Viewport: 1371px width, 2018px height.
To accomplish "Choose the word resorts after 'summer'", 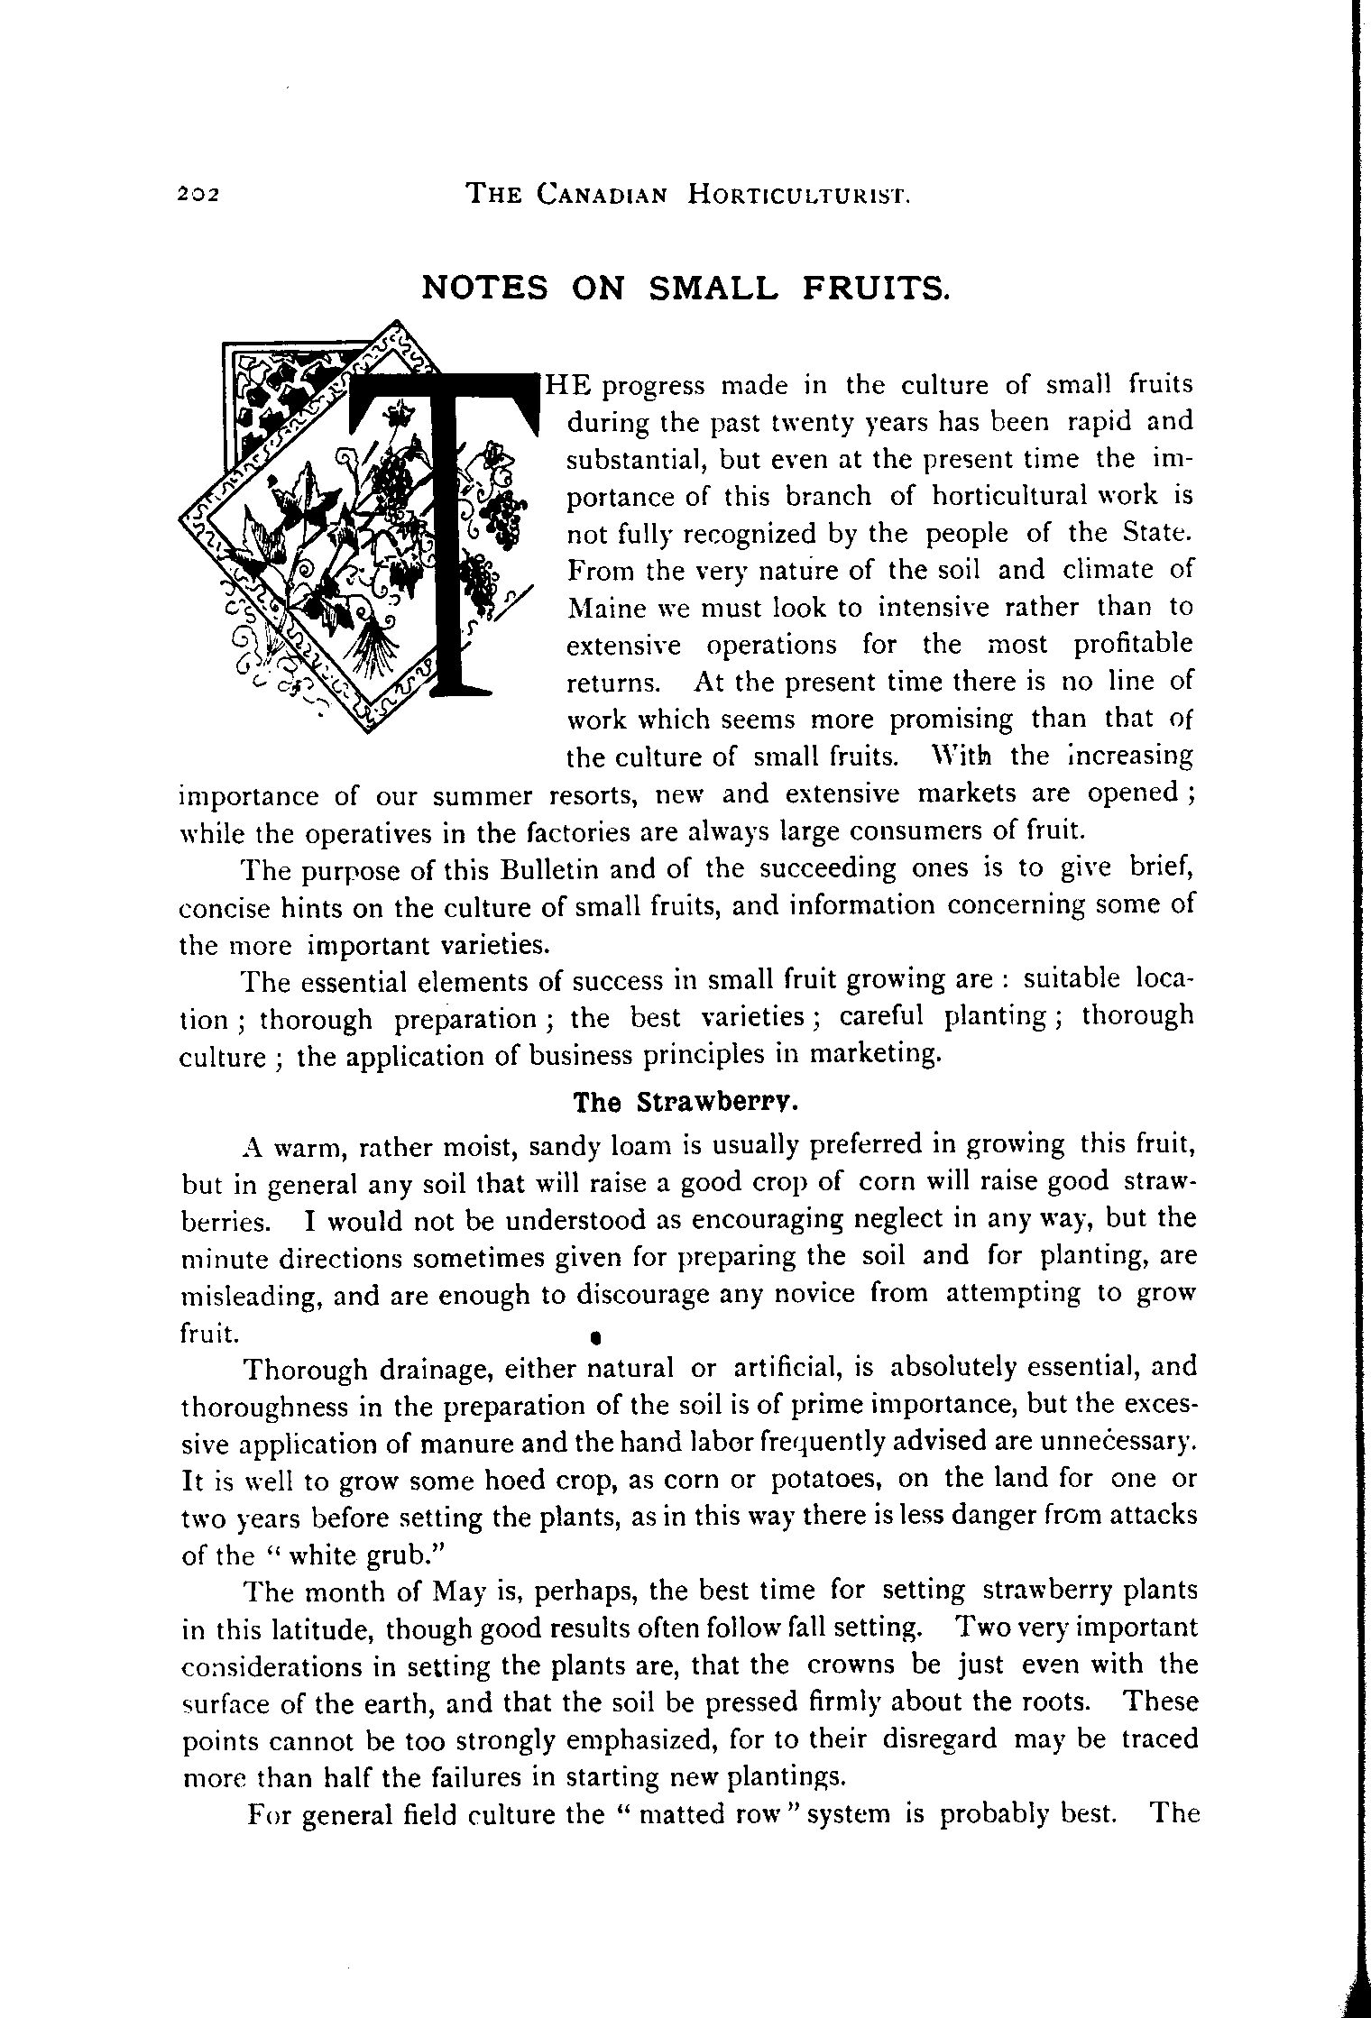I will click(x=594, y=795).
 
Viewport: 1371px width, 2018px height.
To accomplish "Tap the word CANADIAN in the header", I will click(x=602, y=193).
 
